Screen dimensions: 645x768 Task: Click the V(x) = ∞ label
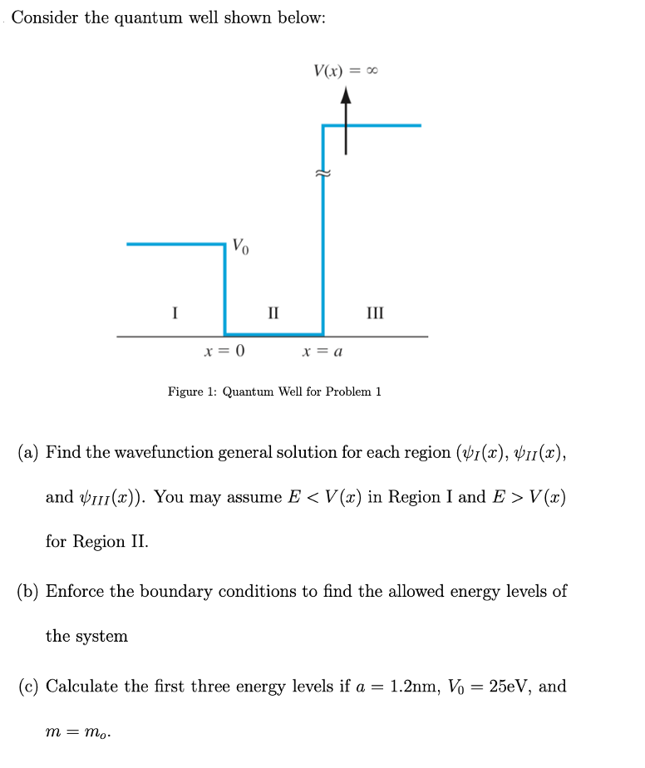[x=346, y=71]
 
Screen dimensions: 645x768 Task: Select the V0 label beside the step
[x=239, y=246]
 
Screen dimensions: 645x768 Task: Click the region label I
[x=174, y=313]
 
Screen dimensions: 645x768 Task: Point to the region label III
[x=375, y=313]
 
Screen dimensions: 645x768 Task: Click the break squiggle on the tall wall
[x=322, y=174]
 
